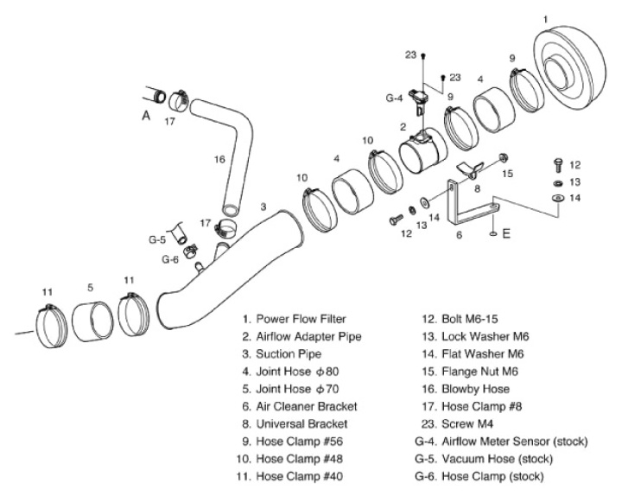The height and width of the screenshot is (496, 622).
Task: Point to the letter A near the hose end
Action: click(146, 112)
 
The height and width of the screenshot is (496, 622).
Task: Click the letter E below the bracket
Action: click(505, 233)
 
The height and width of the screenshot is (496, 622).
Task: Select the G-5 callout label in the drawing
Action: click(157, 239)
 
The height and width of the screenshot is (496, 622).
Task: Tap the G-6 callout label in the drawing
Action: click(169, 258)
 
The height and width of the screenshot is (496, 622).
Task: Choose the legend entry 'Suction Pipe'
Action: click(289, 353)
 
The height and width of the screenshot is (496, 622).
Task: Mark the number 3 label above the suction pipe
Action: click(263, 207)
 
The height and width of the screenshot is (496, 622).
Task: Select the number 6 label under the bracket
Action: click(459, 234)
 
